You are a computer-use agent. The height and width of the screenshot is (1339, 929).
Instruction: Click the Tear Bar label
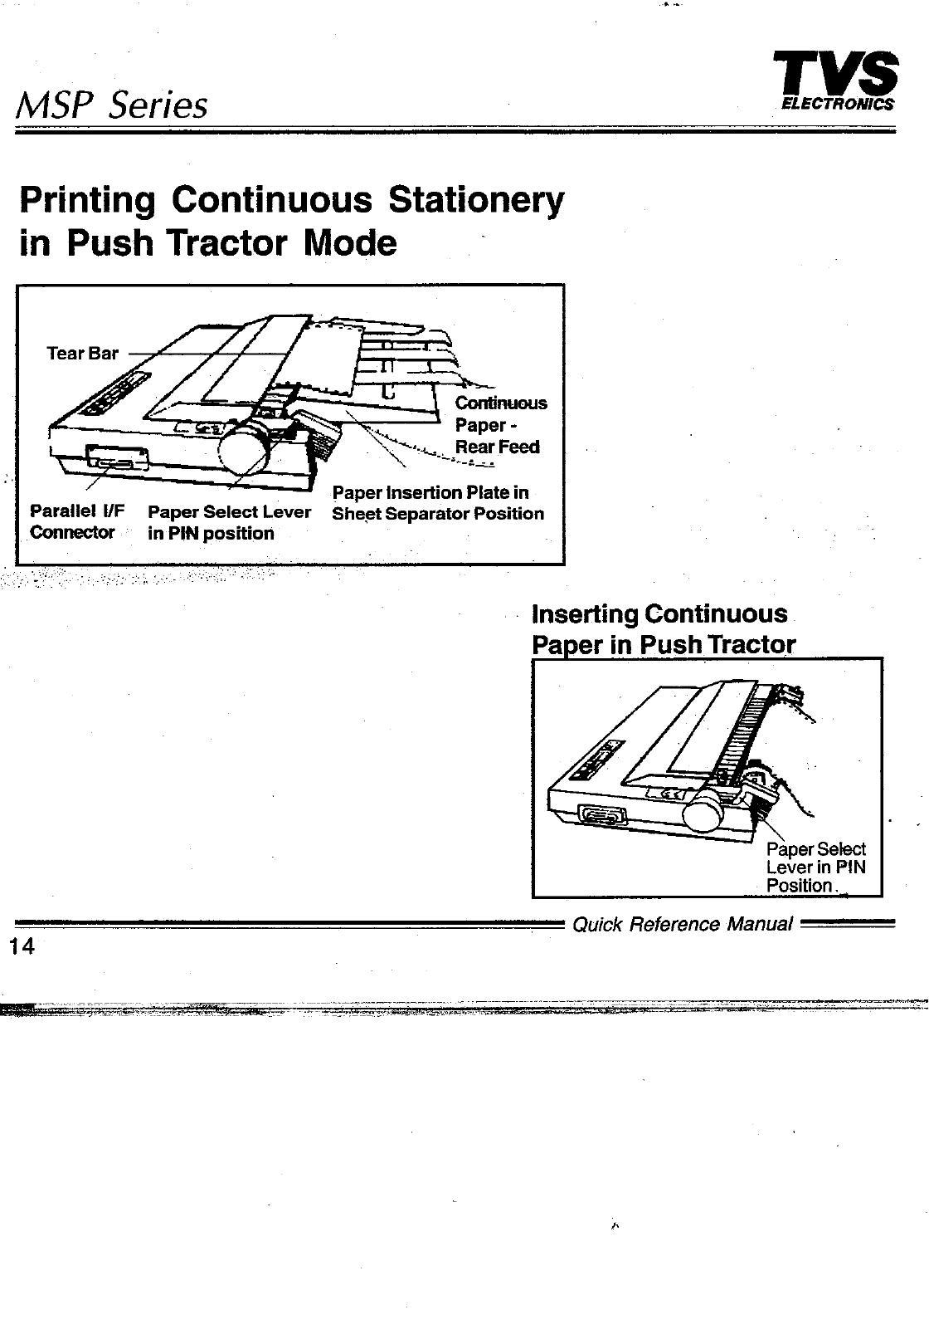tap(83, 354)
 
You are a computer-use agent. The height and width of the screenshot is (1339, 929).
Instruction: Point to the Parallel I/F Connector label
tap(75, 521)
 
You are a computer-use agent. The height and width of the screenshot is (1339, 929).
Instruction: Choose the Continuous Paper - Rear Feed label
tap(500, 425)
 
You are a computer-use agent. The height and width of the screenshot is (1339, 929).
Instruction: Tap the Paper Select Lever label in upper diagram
tap(228, 522)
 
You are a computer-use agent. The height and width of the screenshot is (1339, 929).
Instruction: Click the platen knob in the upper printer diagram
tap(245, 453)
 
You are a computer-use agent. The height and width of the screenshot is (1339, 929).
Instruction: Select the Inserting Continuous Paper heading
tap(662, 628)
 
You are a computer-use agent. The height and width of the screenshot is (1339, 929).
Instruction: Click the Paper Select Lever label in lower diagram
tap(815, 867)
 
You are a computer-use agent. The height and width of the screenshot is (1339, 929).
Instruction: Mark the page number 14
tap(22, 946)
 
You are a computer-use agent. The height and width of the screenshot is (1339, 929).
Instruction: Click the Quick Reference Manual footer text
tap(683, 924)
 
